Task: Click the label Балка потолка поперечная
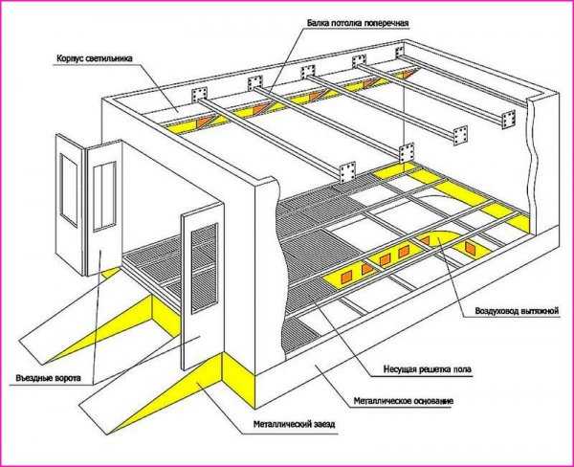pyautogui.click(x=357, y=23)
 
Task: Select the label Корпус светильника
pyautogui.click(x=95, y=58)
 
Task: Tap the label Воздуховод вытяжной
pyautogui.click(x=517, y=311)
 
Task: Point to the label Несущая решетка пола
pyautogui.click(x=428, y=369)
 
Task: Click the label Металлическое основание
pyautogui.click(x=404, y=401)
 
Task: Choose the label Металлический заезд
pyautogui.click(x=294, y=425)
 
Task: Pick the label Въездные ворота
pyautogui.click(x=49, y=378)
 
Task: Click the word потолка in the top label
pyautogui.click(x=346, y=23)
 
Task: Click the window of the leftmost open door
pyautogui.click(x=69, y=190)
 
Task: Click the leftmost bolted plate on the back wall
pyautogui.click(x=200, y=94)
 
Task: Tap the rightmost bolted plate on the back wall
pyautogui.click(x=402, y=52)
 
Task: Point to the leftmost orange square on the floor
pyautogui.click(x=346, y=278)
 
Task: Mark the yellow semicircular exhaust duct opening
pyautogui.click(x=444, y=238)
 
